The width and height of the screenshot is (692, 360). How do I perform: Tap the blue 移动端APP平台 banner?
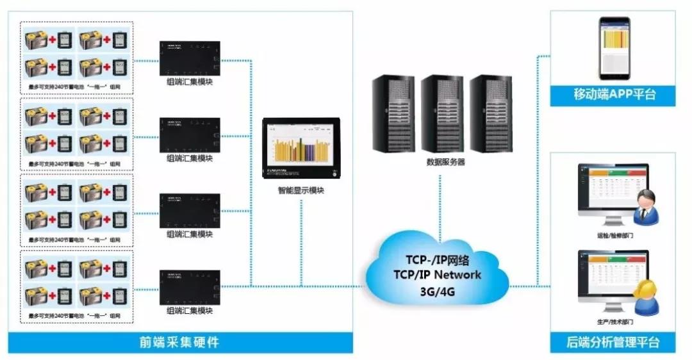pyautogui.click(x=614, y=95)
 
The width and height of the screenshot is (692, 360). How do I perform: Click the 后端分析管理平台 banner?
pyautogui.click(x=614, y=342)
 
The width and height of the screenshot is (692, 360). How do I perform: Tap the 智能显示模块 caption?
pyautogui.click(x=301, y=190)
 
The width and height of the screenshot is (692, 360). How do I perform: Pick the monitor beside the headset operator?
pyautogui.click(x=609, y=277)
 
